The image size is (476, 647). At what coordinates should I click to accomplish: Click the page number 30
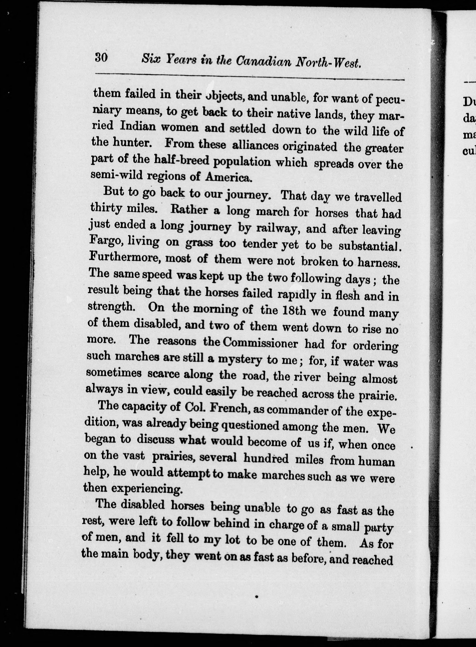click(101, 58)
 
